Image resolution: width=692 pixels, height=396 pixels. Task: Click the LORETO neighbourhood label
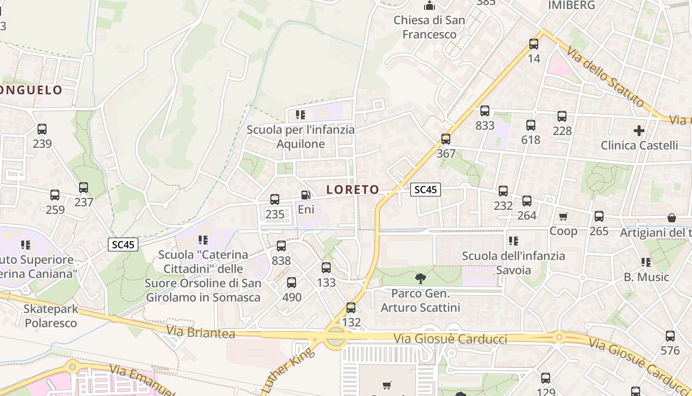[352, 190]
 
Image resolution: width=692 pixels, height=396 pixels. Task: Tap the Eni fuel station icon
[306, 195]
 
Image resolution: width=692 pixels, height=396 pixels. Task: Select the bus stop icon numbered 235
[275, 199]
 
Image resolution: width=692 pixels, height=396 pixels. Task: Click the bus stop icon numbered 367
[446, 139]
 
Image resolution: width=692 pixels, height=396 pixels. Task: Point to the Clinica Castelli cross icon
[639, 131]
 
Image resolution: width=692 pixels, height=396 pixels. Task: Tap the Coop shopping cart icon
[563, 216]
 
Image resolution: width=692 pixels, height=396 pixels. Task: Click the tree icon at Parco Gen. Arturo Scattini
[421, 278]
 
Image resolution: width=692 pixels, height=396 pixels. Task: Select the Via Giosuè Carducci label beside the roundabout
[450, 339]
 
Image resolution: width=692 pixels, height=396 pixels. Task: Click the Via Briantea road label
[201, 332]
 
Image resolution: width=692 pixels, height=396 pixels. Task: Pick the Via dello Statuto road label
[605, 77]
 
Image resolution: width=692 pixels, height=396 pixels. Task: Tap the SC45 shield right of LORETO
[425, 190]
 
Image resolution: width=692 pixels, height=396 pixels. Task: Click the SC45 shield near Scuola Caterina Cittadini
[123, 245]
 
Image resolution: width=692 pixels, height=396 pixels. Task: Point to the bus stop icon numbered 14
[534, 44]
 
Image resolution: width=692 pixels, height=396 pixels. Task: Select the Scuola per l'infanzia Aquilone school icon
[301, 115]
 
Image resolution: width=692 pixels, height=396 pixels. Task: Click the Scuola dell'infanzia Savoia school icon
[514, 241]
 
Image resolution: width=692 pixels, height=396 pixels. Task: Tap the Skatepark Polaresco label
[51, 316]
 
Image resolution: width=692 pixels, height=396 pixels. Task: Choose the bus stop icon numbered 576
[670, 336]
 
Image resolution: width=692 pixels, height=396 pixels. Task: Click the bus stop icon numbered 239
[42, 129]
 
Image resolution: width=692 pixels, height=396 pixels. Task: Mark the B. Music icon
[646, 262]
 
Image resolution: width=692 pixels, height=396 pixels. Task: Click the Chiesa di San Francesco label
[429, 27]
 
